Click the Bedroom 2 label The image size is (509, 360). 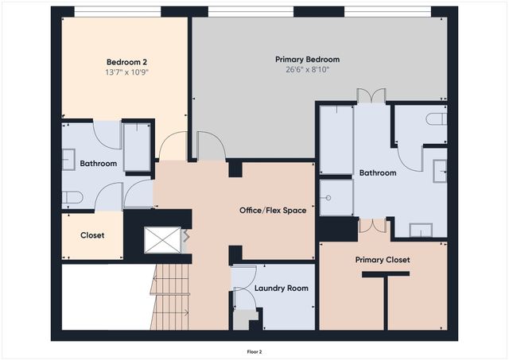point(127,61)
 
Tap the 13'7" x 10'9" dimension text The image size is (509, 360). point(127,72)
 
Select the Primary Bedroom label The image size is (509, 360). point(307,60)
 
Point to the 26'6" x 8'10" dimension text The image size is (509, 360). point(307,70)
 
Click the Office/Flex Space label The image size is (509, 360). point(273,211)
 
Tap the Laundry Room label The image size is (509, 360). point(282,288)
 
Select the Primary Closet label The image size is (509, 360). point(382,260)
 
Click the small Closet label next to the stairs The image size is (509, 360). point(92,235)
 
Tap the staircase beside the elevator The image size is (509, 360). point(172,297)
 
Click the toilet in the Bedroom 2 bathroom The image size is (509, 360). point(72,198)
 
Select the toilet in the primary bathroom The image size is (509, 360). point(436,119)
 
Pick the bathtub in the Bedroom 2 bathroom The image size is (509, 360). point(137,146)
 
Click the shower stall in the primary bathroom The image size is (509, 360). point(336,197)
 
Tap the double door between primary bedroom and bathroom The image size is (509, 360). point(371,96)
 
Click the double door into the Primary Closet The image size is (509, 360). point(371,226)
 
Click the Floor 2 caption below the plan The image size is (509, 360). point(254,350)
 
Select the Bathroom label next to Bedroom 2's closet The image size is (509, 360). point(98,164)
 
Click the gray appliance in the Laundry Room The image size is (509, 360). point(240,319)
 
